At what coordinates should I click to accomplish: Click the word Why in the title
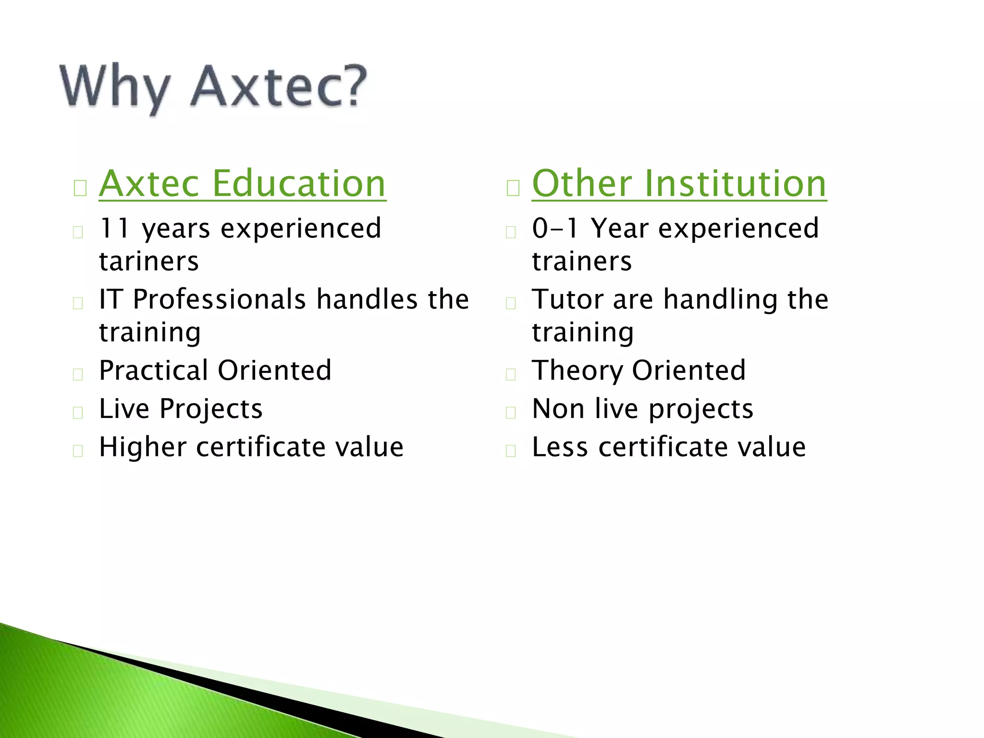point(115,88)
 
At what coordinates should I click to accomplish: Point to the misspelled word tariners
point(148,261)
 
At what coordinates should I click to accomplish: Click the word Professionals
point(219,299)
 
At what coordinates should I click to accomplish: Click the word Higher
point(142,447)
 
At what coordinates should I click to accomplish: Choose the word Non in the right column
point(557,409)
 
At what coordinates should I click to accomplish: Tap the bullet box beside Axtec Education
point(80,188)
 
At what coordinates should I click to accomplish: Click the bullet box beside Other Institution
point(513,188)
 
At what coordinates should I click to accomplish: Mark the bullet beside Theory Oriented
point(511,375)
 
